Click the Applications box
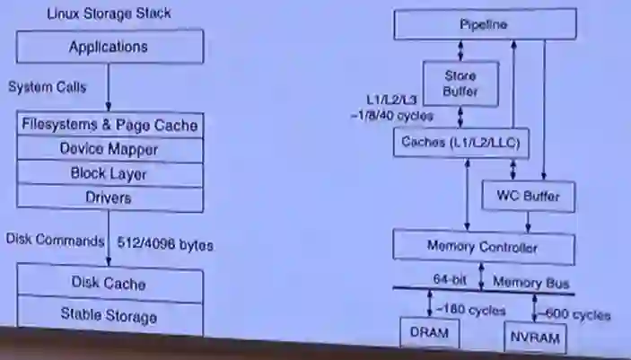point(109,47)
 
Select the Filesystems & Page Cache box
point(110,126)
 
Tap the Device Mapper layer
point(110,149)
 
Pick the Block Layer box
point(110,173)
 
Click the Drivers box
point(110,197)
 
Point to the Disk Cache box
point(110,284)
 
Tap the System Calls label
point(47,87)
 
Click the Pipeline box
point(483,24)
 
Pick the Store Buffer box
point(460,83)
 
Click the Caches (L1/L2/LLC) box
point(460,142)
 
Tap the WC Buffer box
point(528,193)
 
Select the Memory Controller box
point(483,246)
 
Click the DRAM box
point(428,332)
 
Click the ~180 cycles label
point(469,311)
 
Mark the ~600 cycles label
point(575,314)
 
